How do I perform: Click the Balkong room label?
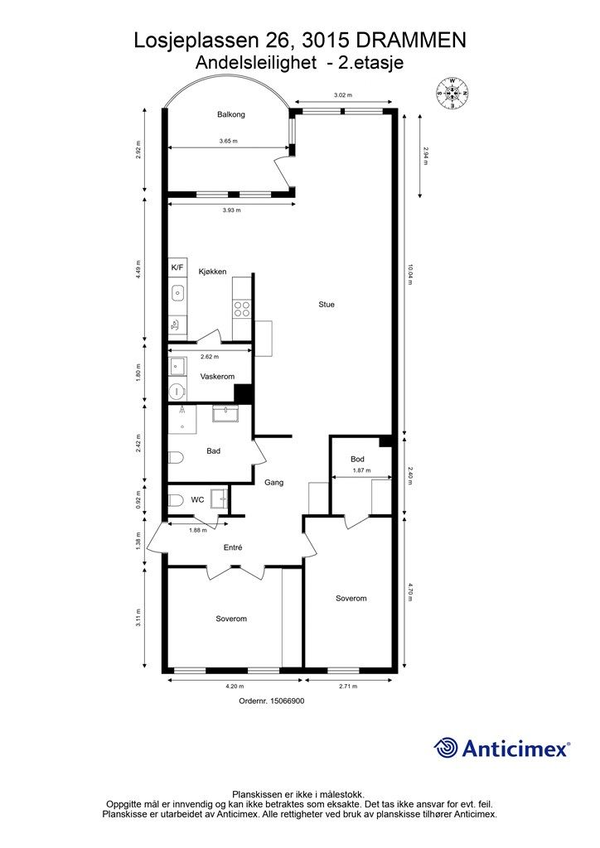click(231, 115)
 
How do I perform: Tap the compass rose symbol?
click(453, 93)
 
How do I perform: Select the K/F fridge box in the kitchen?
click(177, 268)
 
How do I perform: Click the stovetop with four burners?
click(242, 309)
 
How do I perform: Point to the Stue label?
click(327, 305)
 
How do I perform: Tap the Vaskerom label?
click(217, 377)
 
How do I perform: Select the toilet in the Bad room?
click(176, 457)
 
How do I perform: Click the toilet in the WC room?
click(176, 499)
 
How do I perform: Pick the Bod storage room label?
click(357, 459)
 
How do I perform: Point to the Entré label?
click(233, 547)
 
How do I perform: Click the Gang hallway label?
click(274, 482)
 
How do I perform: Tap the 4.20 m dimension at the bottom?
click(235, 687)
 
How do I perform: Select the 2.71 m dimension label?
click(347, 687)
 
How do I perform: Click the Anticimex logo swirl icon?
click(446, 748)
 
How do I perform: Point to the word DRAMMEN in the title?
click(413, 40)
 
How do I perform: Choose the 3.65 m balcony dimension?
click(229, 142)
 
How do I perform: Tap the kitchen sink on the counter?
click(177, 291)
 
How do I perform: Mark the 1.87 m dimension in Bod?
click(360, 471)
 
